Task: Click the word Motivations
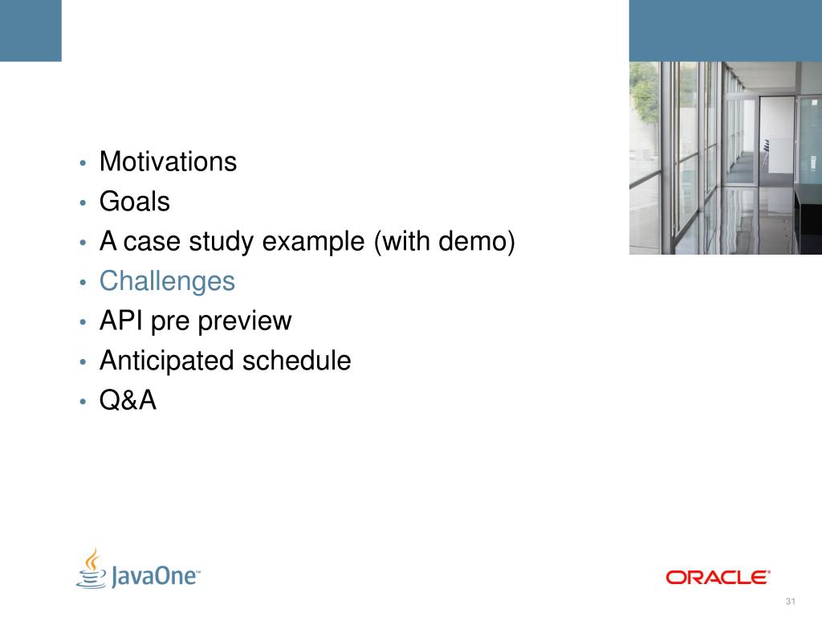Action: click(x=168, y=161)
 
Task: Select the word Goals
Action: click(x=135, y=201)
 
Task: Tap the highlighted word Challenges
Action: click(x=167, y=282)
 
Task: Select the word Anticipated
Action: click(x=167, y=361)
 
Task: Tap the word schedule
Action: click(x=297, y=361)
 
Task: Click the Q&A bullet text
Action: click(x=128, y=400)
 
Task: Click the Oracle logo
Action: click(x=718, y=577)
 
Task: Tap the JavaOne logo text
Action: click(x=155, y=576)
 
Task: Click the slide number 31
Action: click(x=791, y=601)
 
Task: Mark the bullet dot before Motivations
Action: click(x=83, y=163)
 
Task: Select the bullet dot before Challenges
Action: click(x=83, y=283)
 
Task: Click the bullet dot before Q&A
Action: click(x=83, y=402)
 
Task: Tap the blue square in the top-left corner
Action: click(x=31, y=31)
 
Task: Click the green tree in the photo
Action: click(x=644, y=95)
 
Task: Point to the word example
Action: click(x=313, y=243)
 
